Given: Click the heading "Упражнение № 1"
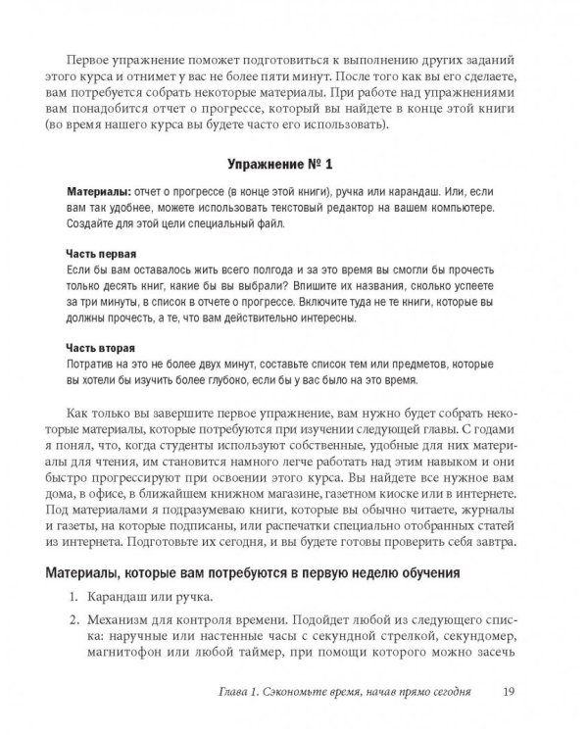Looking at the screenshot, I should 291,164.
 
